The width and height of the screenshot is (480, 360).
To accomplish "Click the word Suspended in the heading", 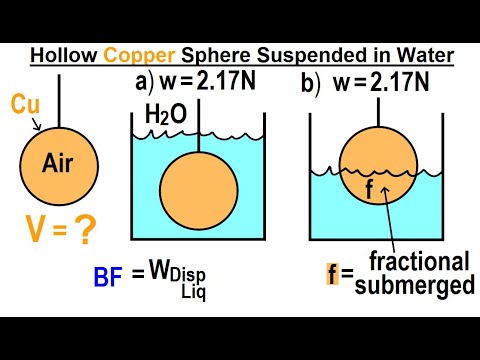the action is click(284, 54).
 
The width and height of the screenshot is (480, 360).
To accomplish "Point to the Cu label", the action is click(26, 103).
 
